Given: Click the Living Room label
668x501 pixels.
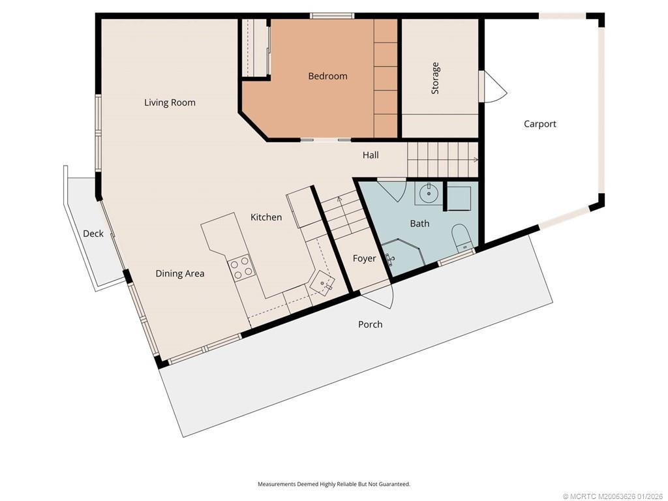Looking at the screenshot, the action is (170, 102).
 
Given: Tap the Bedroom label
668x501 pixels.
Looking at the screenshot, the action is (327, 76).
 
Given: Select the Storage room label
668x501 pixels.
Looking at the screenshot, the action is (435, 78).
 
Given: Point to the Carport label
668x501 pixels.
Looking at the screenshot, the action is (539, 124).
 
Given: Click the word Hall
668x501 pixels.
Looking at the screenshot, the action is (371, 155).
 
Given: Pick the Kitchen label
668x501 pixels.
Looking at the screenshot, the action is (266, 217).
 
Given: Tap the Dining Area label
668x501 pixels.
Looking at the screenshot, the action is (180, 273).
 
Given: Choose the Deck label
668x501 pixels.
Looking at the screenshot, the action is (93, 234).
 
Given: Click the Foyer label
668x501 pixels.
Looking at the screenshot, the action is (364, 258).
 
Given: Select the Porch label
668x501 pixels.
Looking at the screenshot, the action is (371, 325).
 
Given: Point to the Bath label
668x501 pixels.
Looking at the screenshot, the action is (419, 224).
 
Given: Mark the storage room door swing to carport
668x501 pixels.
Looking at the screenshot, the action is (493, 87).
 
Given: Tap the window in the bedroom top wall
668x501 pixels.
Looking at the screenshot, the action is (332, 16).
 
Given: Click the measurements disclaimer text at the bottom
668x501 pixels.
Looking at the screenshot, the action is (334, 484).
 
